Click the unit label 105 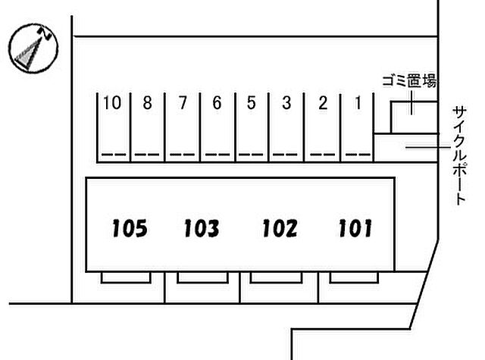(130, 229)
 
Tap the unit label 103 (202, 229)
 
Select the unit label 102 (280, 229)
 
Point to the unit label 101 (355, 229)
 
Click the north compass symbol (33, 49)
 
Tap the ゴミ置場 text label (409, 81)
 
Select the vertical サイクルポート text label (459, 155)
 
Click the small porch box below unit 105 (126, 277)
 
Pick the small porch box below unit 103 (202, 277)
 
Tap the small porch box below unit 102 (276, 277)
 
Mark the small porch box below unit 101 (354, 277)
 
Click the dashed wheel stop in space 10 (114, 155)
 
